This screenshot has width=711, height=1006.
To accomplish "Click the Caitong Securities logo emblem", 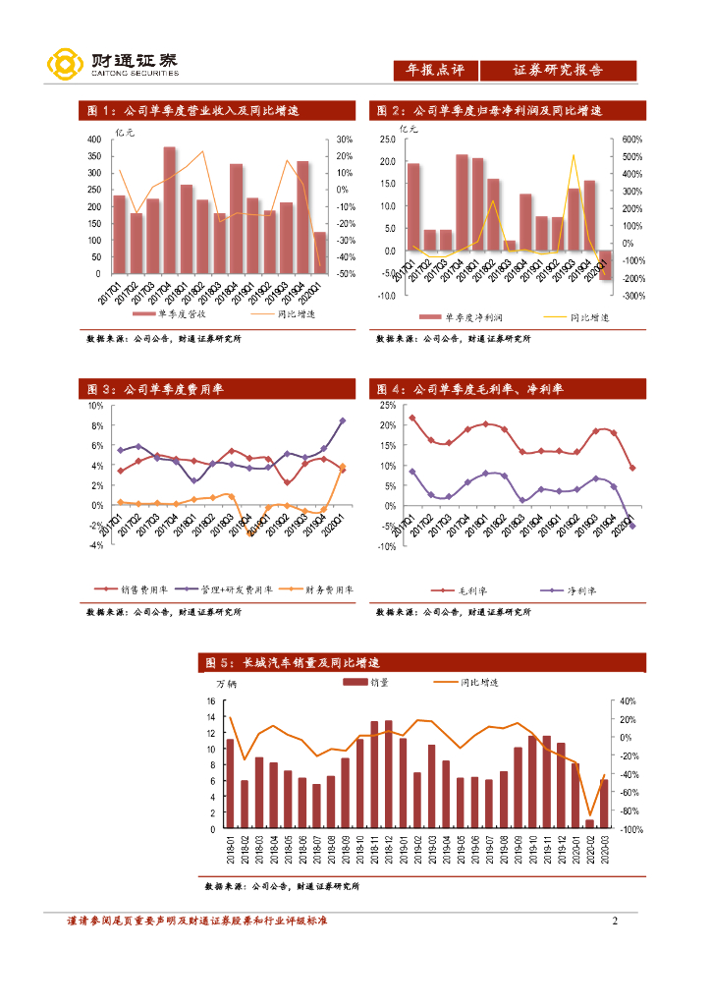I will click(65, 66).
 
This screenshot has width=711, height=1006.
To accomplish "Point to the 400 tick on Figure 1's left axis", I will click(94, 140).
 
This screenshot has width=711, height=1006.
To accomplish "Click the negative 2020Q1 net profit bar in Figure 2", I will click(605, 266).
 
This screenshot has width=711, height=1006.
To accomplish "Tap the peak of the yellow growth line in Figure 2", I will click(573, 155).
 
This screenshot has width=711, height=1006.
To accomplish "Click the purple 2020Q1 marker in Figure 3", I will click(342, 421).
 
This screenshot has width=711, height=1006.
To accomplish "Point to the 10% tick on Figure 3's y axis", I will click(95, 405).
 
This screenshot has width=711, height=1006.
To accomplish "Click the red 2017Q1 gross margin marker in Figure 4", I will click(411, 418).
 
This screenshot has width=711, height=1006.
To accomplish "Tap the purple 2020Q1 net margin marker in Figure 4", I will click(631, 527).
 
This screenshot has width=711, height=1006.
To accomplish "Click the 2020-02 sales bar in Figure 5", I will click(589, 823).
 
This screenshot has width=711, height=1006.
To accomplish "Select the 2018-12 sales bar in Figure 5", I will click(388, 775).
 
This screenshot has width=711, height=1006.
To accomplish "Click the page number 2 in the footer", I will click(615, 921).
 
